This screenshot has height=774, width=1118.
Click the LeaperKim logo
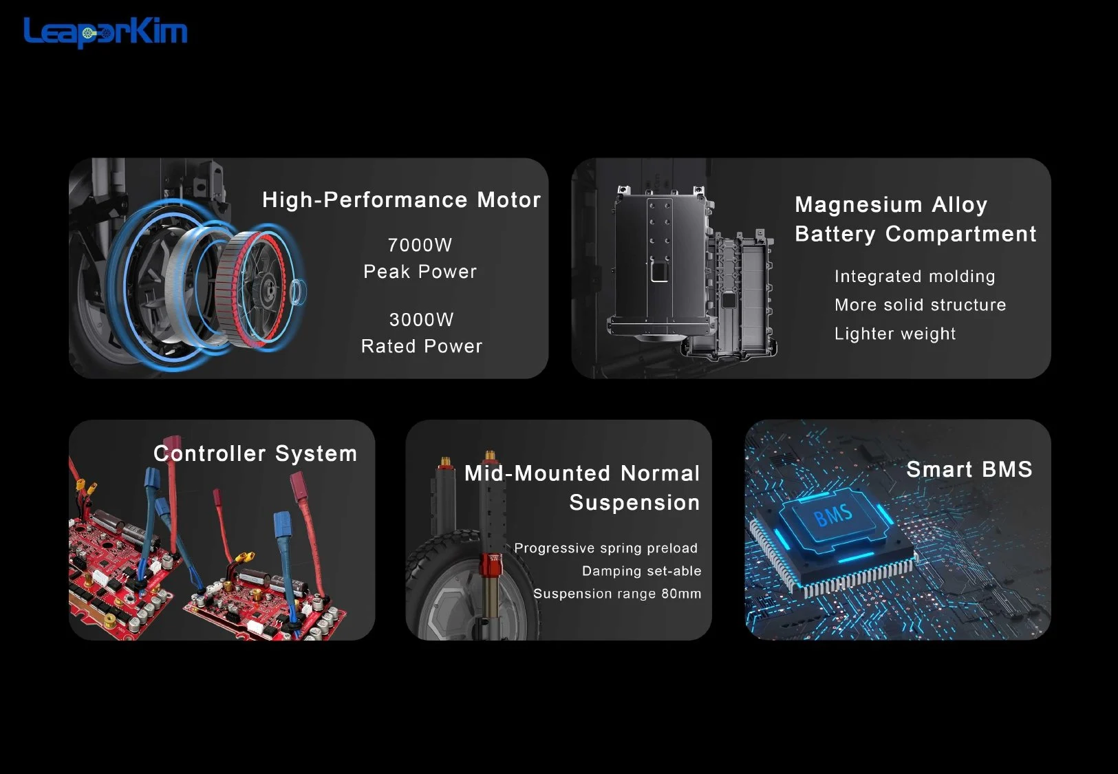tap(105, 32)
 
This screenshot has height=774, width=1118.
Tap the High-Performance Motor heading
tap(401, 200)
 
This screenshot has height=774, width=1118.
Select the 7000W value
tap(420, 245)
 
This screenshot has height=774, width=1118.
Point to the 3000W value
tap(421, 319)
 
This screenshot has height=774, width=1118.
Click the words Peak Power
tap(420, 272)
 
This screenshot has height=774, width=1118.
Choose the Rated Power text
tap(422, 346)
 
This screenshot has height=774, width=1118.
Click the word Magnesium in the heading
tap(859, 205)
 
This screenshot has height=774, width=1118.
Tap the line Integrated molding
tap(915, 277)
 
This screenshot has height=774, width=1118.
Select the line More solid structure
tap(921, 305)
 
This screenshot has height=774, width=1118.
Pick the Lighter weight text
tap(895, 334)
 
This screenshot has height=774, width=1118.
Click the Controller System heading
tap(255, 453)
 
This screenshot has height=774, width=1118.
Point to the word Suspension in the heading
tap(634, 503)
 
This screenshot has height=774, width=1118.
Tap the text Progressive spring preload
tap(606, 548)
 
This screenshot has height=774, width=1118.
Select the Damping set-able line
tap(641, 571)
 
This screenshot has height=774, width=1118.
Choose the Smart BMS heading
tap(969, 470)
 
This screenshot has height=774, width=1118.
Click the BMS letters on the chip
tap(833, 515)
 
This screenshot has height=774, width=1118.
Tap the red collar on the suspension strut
tap(490, 564)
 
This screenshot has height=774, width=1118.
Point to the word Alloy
tap(960, 205)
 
